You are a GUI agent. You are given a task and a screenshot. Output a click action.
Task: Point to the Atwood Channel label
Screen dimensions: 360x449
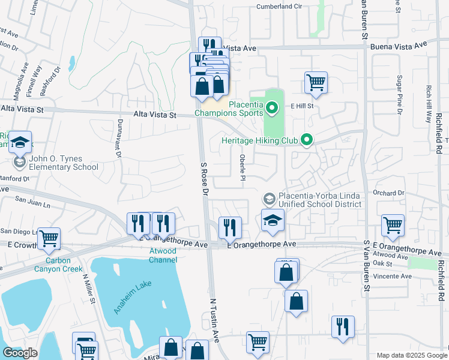pyautogui.click(x=163, y=255)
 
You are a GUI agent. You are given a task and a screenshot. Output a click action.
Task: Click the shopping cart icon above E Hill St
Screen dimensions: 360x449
pyautogui.click(x=316, y=82)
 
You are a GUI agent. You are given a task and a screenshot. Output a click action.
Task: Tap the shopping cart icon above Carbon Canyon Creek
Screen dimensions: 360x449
pyautogui.click(x=49, y=238)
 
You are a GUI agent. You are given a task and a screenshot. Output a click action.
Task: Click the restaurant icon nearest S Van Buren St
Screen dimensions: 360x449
pyautogui.click(x=343, y=326)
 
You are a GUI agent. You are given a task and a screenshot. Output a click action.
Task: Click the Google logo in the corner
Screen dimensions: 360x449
pyautogui.click(x=20, y=353)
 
